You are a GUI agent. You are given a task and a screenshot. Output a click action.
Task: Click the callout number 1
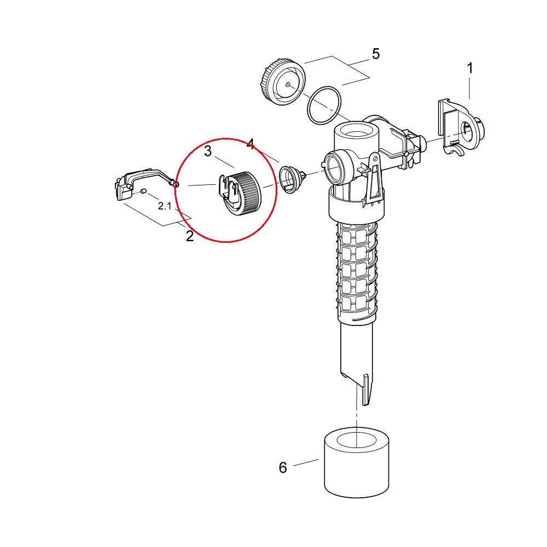[470, 68]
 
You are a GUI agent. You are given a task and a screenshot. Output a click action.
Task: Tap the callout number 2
[189, 236]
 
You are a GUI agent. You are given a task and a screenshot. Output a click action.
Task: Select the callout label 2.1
[164, 206]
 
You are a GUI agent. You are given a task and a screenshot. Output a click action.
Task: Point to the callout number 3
[208, 152]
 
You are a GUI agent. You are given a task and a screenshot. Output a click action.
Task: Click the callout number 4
[251, 144]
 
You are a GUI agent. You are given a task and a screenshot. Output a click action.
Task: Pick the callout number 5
[376, 54]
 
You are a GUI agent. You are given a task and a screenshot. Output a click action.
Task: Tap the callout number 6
[283, 468]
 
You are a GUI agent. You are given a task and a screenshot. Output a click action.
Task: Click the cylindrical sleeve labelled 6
[357, 462]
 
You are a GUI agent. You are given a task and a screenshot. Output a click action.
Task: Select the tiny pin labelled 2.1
[143, 190]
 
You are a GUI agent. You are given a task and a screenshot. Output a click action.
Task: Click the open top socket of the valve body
[356, 132]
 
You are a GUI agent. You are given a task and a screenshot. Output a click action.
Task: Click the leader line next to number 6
[306, 463]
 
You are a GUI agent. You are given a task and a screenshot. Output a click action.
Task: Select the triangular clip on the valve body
[373, 179]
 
